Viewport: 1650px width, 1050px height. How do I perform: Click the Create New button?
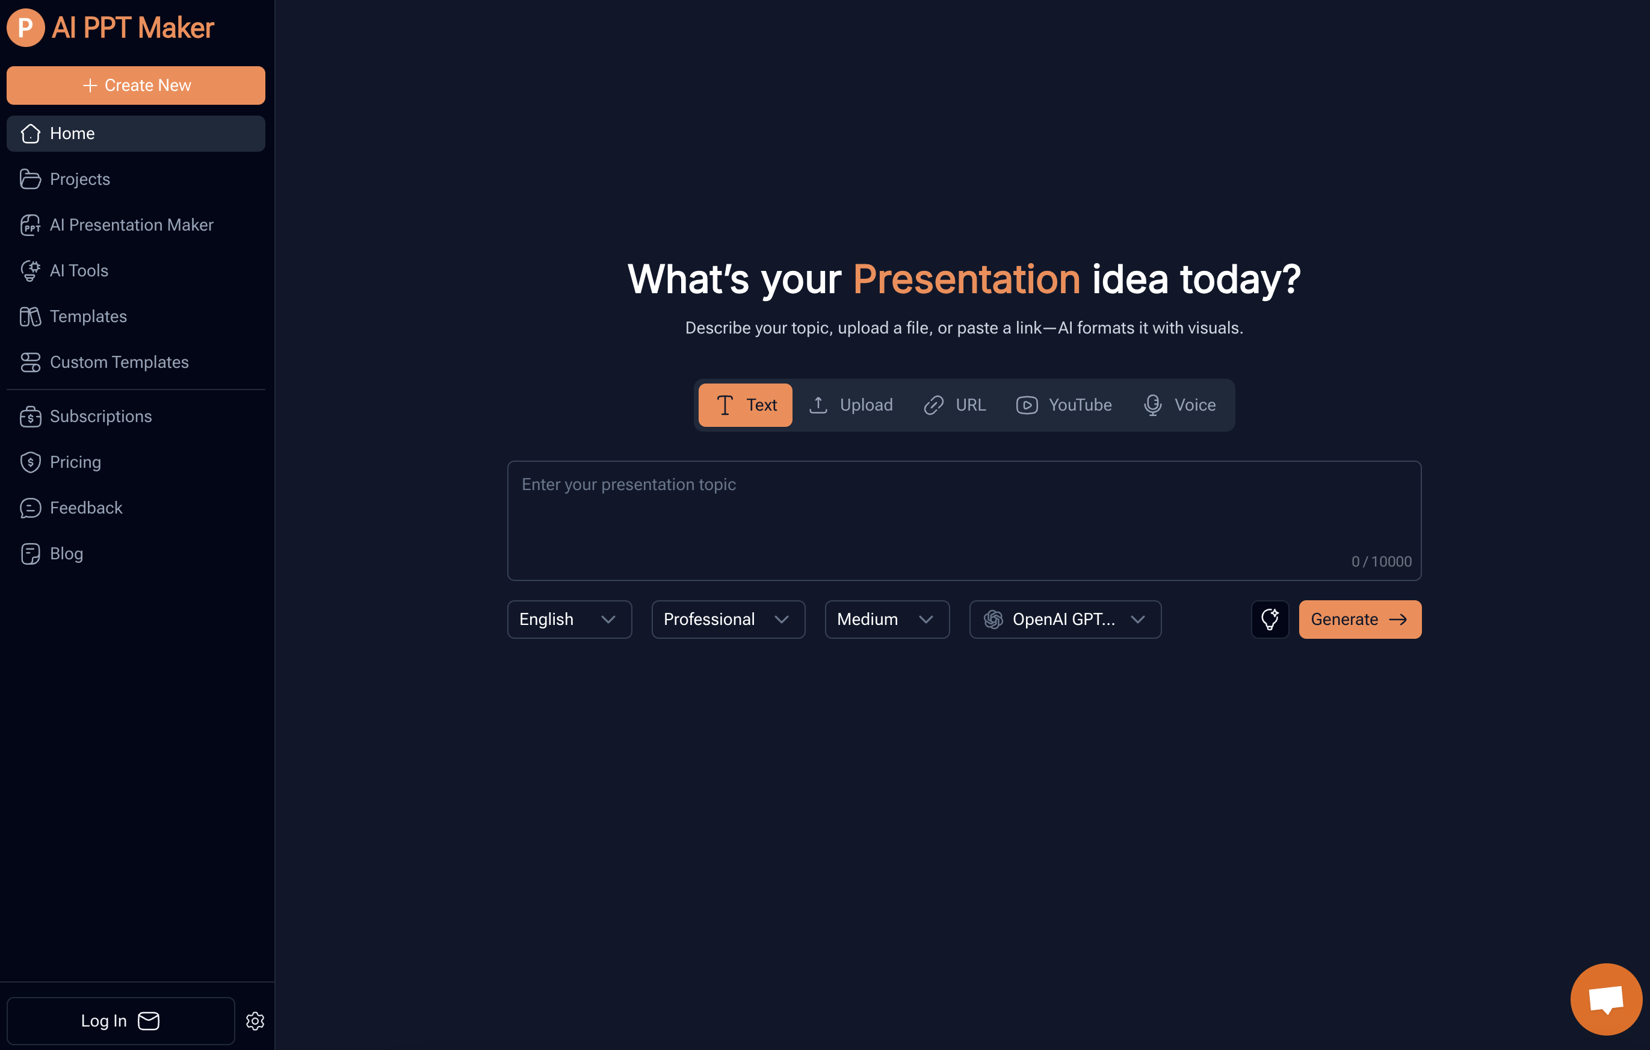point(135,85)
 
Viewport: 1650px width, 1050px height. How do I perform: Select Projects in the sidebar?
point(79,179)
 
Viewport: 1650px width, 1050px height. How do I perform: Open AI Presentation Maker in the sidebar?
point(131,225)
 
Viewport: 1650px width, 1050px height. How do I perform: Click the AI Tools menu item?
point(79,271)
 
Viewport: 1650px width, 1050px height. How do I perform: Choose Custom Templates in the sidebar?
point(119,362)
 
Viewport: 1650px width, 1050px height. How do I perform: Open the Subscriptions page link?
point(100,417)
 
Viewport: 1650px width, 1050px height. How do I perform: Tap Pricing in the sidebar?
point(75,462)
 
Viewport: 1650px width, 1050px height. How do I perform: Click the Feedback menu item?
point(85,508)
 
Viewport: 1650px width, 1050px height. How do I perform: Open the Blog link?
point(66,554)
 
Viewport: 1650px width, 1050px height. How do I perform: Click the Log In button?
point(120,1020)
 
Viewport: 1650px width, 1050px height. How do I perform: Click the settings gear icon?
point(255,1020)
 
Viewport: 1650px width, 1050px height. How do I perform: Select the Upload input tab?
point(851,405)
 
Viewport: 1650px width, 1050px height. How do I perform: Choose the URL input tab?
point(955,405)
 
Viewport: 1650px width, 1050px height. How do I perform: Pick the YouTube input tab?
point(1064,405)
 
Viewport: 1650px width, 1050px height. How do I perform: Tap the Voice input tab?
point(1180,405)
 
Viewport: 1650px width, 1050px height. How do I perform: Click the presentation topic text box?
point(963,520)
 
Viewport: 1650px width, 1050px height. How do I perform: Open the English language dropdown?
point(569,620)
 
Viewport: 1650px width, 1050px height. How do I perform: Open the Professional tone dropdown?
point(728,620)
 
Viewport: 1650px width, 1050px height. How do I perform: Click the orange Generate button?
point(1359,620)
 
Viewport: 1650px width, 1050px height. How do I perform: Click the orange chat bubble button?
point(1605,999)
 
